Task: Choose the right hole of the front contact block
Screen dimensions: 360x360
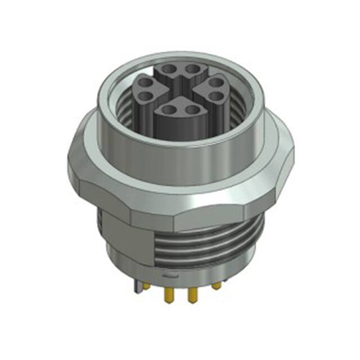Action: pyautogui.click(x=192, y=110)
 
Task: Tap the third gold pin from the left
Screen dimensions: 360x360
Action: pyautogui.click(x=191, y=293)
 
